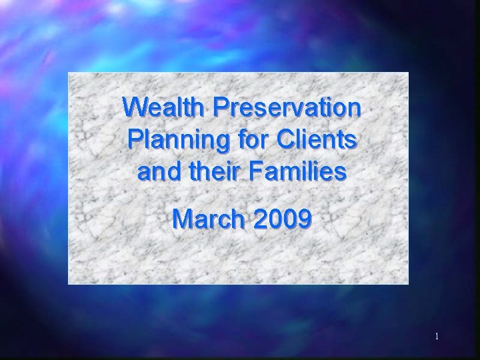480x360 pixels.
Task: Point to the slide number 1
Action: (437, 337)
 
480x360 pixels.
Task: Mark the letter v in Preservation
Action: (295, 109)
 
